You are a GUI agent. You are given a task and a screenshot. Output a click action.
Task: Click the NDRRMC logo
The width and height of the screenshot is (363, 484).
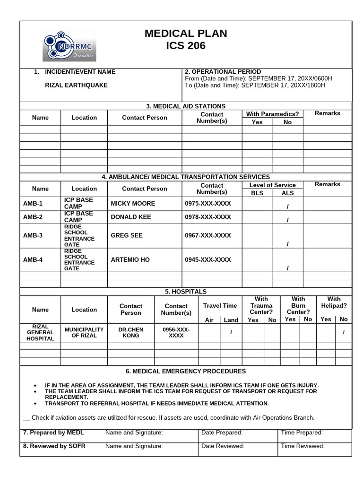tap(69, 46)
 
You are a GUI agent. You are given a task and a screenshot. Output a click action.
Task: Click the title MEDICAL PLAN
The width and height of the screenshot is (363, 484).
tap(185, 34)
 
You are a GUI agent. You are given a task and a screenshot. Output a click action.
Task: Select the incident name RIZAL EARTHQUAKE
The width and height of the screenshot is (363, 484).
tap(76, 86)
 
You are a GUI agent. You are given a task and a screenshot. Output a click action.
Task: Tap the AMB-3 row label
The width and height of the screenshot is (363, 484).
tap(33, 235)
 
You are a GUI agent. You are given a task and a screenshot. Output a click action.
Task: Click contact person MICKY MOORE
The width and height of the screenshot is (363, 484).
tap(132, 204)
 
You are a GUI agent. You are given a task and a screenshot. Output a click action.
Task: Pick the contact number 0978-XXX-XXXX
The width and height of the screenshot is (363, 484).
tap(207, 217)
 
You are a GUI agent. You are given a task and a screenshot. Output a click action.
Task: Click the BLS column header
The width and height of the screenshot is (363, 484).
tap(257, 193)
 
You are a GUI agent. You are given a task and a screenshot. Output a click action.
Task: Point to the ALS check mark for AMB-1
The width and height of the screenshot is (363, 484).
tap(287, 206)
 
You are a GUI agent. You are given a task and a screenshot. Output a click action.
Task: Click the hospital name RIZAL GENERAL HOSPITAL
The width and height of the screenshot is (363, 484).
tap(40, 333)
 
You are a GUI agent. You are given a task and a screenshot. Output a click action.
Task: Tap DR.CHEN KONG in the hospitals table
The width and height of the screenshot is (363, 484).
tap(131, 333)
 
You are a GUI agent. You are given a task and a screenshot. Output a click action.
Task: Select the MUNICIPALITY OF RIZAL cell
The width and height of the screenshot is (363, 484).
tap(84, 333)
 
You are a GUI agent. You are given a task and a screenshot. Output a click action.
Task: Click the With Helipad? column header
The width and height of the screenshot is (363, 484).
tap(334, 302)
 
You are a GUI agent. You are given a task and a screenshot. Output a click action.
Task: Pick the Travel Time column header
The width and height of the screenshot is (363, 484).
tap(220, 306)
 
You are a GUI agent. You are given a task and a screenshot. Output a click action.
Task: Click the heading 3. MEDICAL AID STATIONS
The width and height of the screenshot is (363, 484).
tap(186, 106)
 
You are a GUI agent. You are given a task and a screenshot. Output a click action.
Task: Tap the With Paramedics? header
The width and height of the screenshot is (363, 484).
tap(272, 114)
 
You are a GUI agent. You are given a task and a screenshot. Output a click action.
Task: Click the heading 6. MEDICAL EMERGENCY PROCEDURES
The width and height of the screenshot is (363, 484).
tap(186, 372)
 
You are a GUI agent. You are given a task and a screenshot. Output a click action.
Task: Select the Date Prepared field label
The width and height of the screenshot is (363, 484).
tap(222, 432)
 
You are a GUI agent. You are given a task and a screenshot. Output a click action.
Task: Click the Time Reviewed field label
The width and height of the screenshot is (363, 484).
tap(302, 446)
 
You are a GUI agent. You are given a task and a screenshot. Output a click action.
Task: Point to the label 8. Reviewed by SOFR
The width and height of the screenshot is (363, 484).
tap(54, 446)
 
